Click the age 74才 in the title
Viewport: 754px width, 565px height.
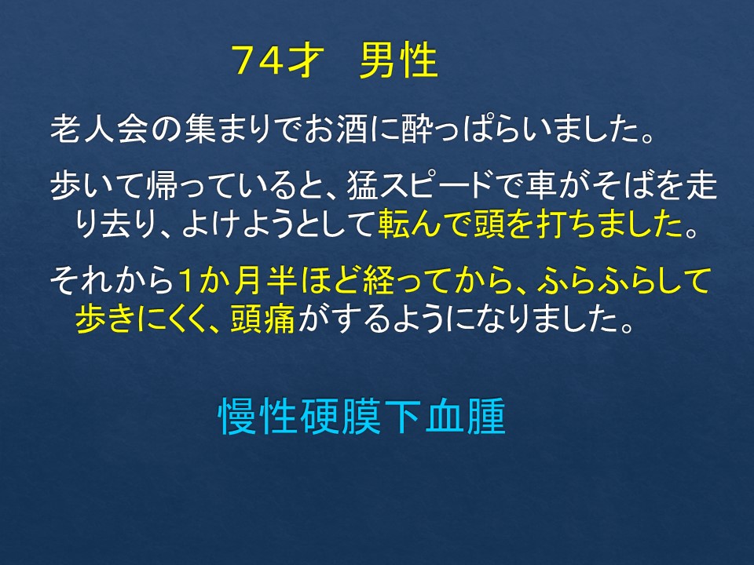point(276,60)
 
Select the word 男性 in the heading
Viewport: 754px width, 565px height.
point(399,60)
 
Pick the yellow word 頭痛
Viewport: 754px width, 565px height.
point(262,319)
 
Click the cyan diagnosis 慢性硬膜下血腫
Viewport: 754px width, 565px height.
point(361,416)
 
